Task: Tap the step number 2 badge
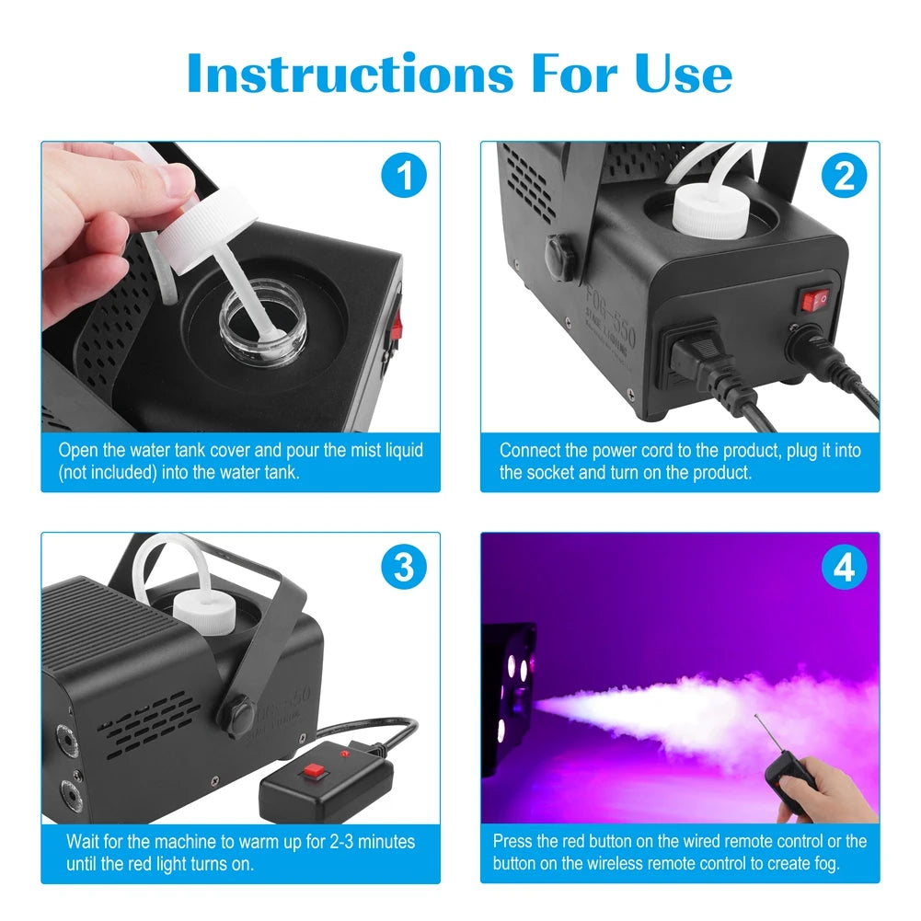843,176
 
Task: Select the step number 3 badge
404,568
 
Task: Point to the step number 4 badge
843,568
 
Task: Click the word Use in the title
679,74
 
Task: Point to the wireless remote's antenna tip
755,715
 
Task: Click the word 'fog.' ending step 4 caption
821,864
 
